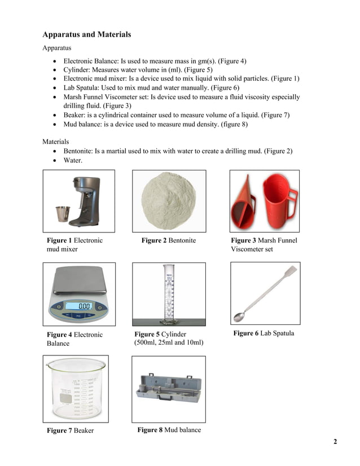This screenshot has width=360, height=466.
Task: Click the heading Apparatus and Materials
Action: (86, 34)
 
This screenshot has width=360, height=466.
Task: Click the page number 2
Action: (335, 441)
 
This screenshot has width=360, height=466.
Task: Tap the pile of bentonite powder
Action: (169, 201)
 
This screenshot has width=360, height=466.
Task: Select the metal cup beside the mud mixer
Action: (62, 214)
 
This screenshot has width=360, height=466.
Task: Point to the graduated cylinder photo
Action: (168, 294)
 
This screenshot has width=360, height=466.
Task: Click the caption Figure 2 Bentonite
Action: (168, 240)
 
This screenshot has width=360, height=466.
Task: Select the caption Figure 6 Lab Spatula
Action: (263, 333)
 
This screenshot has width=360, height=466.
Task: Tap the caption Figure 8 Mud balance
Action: (169, 430)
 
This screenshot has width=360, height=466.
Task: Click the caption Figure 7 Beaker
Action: (70, 430)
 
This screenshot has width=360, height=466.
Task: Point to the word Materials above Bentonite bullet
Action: (56, 142)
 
